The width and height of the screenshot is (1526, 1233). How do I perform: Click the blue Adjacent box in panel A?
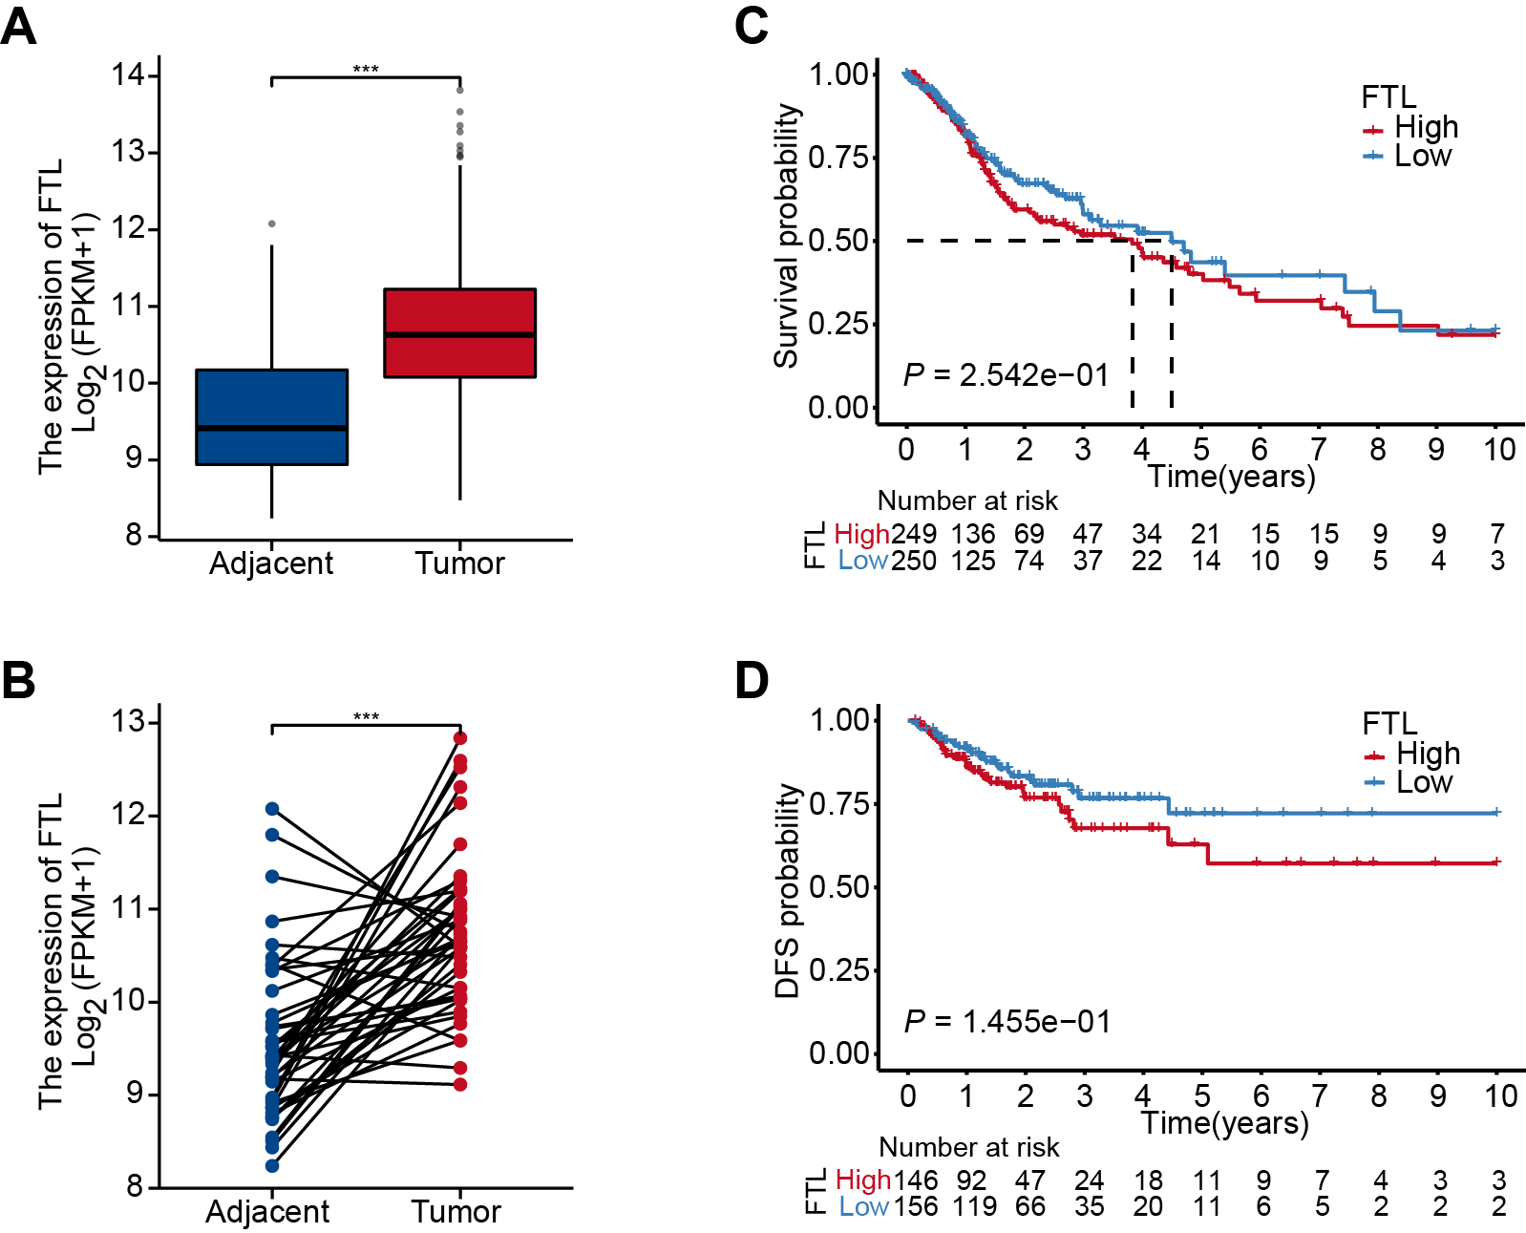pyautogui.click(x=271, y=416)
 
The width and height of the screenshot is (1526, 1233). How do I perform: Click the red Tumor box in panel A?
pyautogui.click(x=459, y=332)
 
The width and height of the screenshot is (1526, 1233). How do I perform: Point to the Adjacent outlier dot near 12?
pyautogui.click(x=272, y=223)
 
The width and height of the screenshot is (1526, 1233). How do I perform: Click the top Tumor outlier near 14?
pyautogui.click(x=460, y=90)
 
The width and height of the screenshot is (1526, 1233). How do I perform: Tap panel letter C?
pyautogui.click(x=752, y=26)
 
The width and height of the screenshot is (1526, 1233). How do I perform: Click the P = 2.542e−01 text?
pyautogui.click(x=1006, y=375)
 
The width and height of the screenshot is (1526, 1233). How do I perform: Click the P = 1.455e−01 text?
pyautogui.click(x=1007, y=1022)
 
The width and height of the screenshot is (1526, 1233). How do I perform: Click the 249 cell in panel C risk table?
pyautogui.click(x=914, y=534)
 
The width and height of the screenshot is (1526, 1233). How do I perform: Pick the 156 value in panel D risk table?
pyautogui.click(x=916, y=1206)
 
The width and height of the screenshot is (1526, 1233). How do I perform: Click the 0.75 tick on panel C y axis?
pyautogui.click(x=839, y=158)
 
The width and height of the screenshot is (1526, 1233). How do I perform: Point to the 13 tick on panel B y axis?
pyautogui.click(x=128, y=721)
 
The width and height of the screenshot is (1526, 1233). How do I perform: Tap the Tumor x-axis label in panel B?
pyautogui.click(x=456, y=1211)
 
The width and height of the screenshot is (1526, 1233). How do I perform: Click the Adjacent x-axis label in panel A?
pyautogui.click(x=271, y=563)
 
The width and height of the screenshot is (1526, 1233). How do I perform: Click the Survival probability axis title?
pyautogui.click(x=786, y=236)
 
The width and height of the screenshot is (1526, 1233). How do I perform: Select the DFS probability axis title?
pyautogui.click(x=787, y=891)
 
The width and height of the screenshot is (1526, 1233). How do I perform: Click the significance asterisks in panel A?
pyautogui.click(x=366, y=70)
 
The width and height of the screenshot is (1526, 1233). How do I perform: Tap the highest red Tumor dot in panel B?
pyautogui.click(x=460, y=738)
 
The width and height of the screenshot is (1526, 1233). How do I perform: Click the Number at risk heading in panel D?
pyautogui.click(x=968, y=1147)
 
